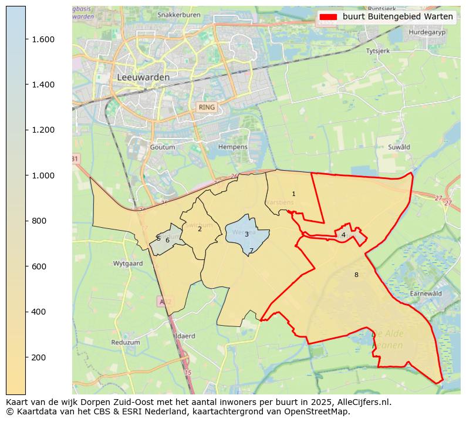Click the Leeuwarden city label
(143, 77)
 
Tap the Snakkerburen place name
(180, 14)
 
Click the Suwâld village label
(399, 147)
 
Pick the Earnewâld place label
(426, 293)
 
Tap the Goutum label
(163, 147)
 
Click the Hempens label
(233, 147)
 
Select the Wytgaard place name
(128, 264)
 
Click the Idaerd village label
(185, 336)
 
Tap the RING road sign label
(207, 107)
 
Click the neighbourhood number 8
(356, 275)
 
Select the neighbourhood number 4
(343, 235)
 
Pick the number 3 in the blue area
(246, 234)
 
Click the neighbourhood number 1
(293, 194)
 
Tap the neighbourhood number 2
(200, 229)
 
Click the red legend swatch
(329, 16)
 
